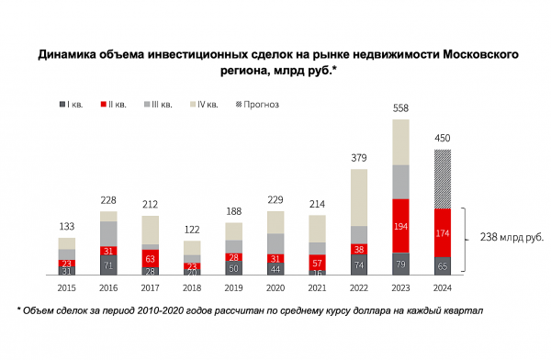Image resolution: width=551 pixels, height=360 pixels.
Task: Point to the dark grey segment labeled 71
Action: [108, 265]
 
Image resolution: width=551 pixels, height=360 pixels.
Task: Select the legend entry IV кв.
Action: [204, 105]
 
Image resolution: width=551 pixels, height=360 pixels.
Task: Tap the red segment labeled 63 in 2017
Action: [151, 259]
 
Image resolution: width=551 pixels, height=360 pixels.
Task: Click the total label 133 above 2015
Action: [66, 226]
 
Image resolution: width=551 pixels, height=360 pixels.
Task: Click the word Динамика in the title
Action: [70, 55]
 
